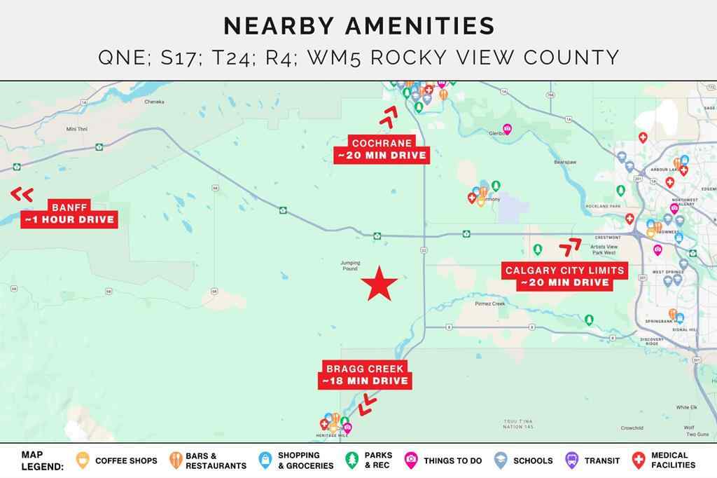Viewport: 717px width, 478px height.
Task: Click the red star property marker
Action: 380,283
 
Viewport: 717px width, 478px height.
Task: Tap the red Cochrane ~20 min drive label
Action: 382,149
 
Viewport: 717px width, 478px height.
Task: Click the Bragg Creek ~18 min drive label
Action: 365,374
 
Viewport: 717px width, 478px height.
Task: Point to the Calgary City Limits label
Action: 564,276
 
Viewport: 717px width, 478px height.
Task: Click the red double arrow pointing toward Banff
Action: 22,194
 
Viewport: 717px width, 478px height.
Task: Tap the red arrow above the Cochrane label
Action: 388,116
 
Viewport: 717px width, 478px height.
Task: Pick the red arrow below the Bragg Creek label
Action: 366,404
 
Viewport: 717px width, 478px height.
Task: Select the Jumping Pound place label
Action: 349,266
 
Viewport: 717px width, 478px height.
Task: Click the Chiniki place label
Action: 154,102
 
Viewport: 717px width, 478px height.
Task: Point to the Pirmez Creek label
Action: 489,303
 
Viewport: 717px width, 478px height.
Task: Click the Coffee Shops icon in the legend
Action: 83,460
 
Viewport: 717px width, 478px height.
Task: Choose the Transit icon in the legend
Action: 571,460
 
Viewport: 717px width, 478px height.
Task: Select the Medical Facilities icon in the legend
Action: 638,460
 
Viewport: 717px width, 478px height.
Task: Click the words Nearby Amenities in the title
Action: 358,26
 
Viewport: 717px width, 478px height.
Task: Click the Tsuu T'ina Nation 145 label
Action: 518,423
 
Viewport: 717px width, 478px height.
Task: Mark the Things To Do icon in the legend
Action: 411,460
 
